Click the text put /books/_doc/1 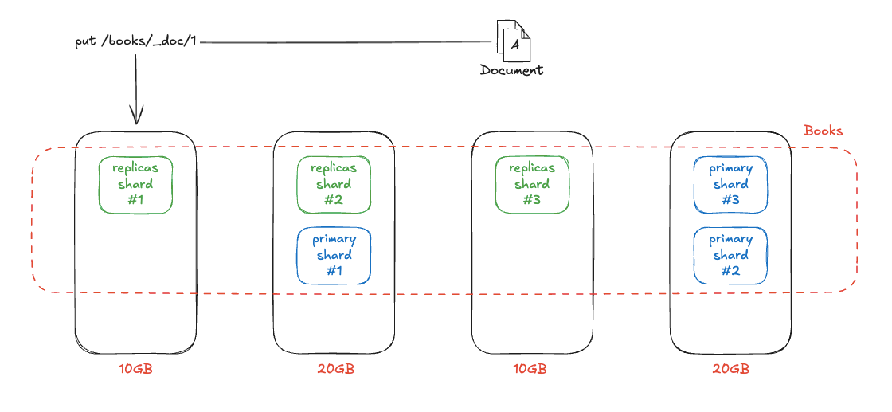pos(135,41)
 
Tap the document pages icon pos(512,41)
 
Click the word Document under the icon pos(511,70)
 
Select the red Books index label pos(823,131)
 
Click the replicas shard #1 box pos(135,185)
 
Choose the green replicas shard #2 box pos(334,185)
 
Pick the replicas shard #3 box pos(531,185)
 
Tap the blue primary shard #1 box pos(334,256)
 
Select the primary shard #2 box pos(730,256)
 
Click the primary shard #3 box pos(730,185)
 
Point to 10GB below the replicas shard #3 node pos(530,369)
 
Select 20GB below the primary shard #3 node pos(730,369)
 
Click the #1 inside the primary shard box pos(334,271)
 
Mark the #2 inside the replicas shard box pos(334,200)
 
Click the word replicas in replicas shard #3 pos(531,168)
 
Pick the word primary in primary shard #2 pos(730,239)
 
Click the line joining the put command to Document pos(342,41)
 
